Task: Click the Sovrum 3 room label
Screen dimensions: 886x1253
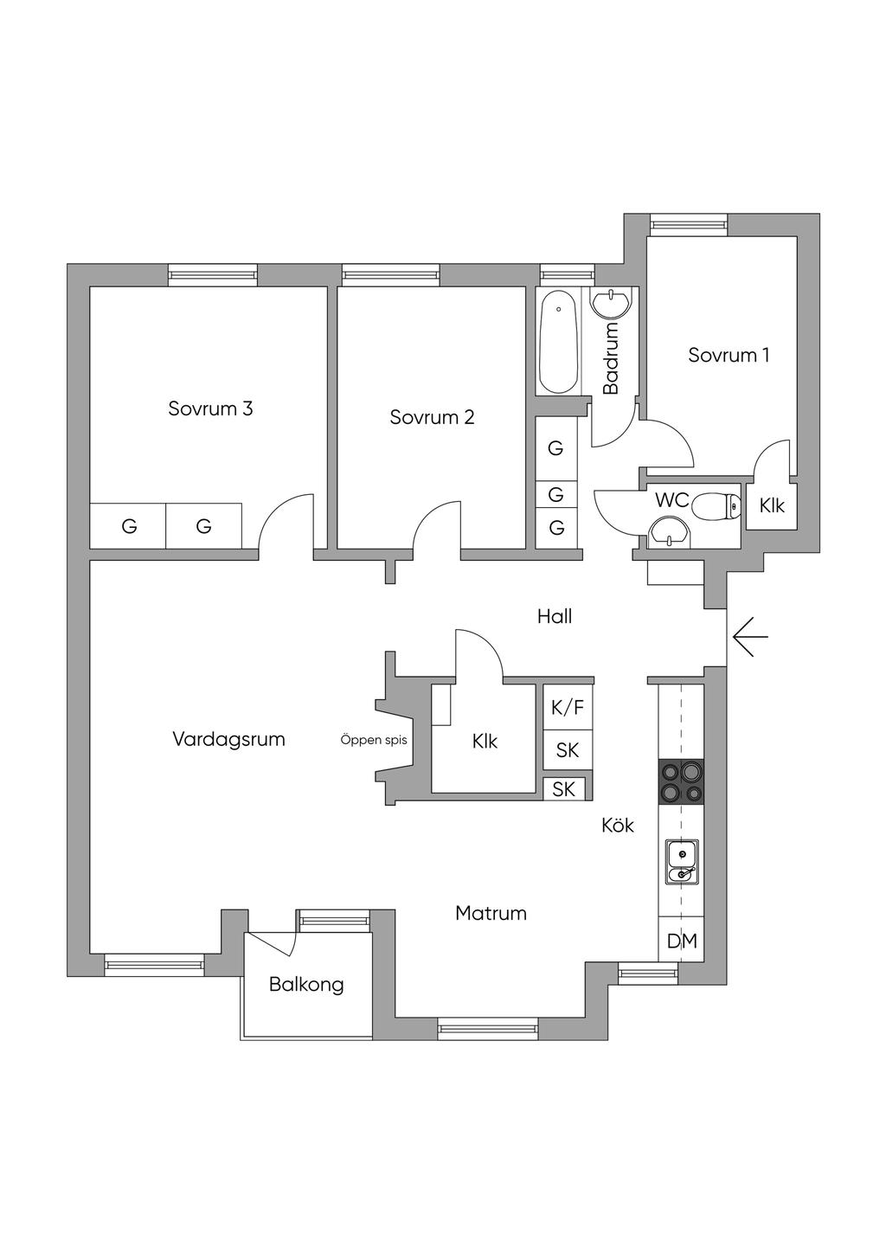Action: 210,408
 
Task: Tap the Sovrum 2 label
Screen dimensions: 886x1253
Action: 432,417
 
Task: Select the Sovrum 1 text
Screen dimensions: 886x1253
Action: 729,355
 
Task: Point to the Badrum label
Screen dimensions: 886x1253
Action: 611,358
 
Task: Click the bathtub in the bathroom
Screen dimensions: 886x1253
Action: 558,341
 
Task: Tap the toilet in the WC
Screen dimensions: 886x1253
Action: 716,505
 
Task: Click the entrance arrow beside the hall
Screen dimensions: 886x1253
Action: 749,637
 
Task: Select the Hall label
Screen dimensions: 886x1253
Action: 555,616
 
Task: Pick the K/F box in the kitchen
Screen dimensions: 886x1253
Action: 568,707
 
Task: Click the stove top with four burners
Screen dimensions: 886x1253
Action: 681,781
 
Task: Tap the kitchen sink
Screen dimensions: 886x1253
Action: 681,862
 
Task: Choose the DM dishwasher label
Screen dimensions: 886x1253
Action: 682,941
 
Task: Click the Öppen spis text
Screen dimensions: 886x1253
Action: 374,741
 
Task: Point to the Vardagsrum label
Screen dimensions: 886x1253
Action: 228,739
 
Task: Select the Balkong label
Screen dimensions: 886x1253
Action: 306,984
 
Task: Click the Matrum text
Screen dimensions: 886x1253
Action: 491,913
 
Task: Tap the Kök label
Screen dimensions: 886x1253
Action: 618,825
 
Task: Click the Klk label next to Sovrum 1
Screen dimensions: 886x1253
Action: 772,505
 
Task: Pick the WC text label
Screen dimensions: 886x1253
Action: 671,499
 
